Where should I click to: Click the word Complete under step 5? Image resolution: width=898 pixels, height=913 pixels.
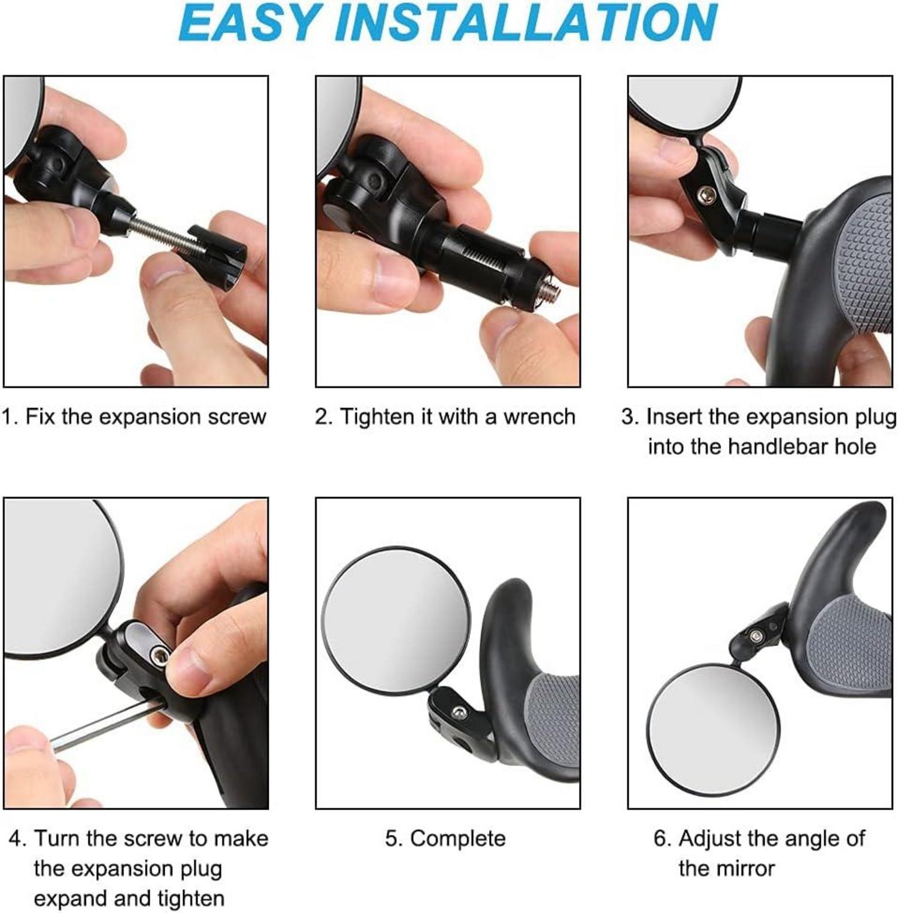click(x=457, y=839)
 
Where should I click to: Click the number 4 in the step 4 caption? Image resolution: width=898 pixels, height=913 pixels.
click(x=16, y=838)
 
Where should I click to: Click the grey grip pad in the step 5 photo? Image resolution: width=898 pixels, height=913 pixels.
click(x=554, y=724)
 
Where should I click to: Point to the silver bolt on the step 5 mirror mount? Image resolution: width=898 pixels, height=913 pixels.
click(x=459, y=711)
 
